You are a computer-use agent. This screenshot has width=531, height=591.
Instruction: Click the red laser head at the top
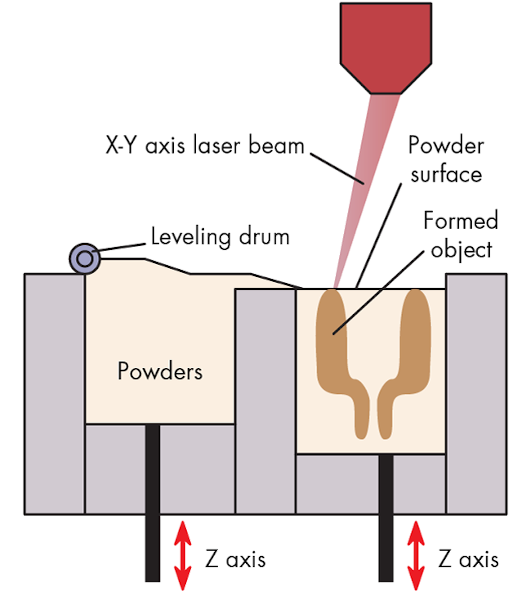386,44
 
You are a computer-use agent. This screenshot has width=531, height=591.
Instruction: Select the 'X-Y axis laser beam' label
205,145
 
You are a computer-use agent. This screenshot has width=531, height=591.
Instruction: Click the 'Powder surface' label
446,159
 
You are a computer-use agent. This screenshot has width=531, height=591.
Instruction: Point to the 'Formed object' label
461,235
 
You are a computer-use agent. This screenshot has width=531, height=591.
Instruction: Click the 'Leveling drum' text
220,237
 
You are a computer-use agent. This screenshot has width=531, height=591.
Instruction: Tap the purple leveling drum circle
85,258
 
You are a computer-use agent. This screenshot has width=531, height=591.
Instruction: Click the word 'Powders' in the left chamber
160,371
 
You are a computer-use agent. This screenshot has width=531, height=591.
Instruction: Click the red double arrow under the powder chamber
183,555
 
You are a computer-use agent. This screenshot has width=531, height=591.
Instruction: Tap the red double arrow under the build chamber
416,555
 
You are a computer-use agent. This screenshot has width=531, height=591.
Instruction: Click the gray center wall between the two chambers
265,398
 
